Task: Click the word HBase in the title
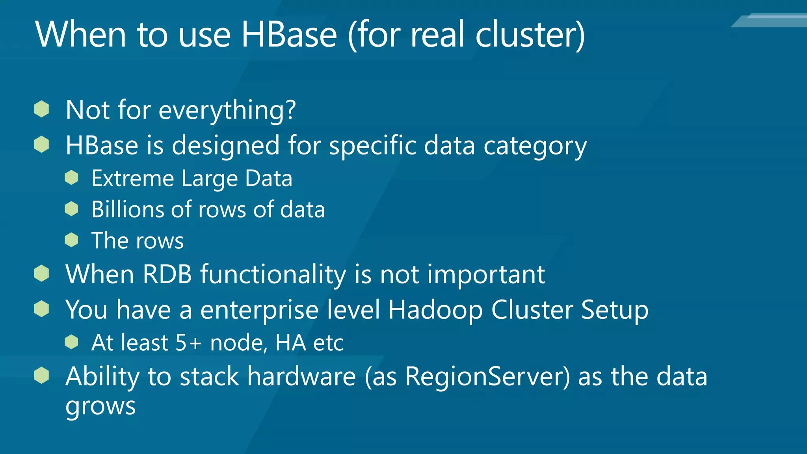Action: point(289,35)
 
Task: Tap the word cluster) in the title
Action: point(530,35)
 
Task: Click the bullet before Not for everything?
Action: point(41,109)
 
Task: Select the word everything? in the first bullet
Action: point(227,110)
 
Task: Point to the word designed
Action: point(226,145)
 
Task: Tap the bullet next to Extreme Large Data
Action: point(71,178)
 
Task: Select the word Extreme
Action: point(132,179)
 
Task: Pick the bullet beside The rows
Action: point(71,240)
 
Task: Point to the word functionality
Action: point(273,275)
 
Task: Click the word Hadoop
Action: point(435,310)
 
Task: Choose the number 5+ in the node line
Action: point(188,342)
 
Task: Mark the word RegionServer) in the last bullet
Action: point(487,377)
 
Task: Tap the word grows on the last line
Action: point(100,406)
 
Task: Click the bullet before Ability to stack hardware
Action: point(41,375)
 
